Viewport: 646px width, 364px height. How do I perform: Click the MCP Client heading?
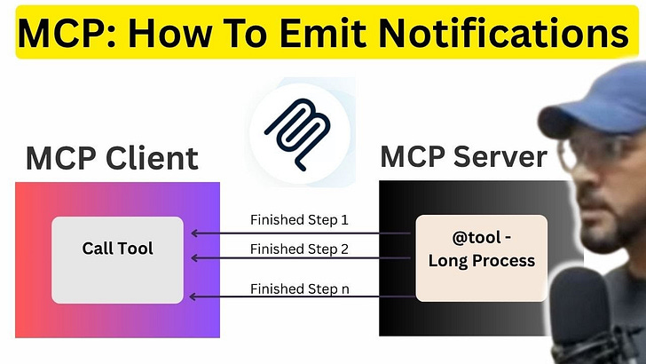[112, 159]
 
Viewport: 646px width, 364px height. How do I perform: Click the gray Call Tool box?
[117, 259]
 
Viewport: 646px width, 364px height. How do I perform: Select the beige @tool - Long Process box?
[481, 257]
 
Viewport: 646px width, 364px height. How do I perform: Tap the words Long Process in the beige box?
[481, 260]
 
